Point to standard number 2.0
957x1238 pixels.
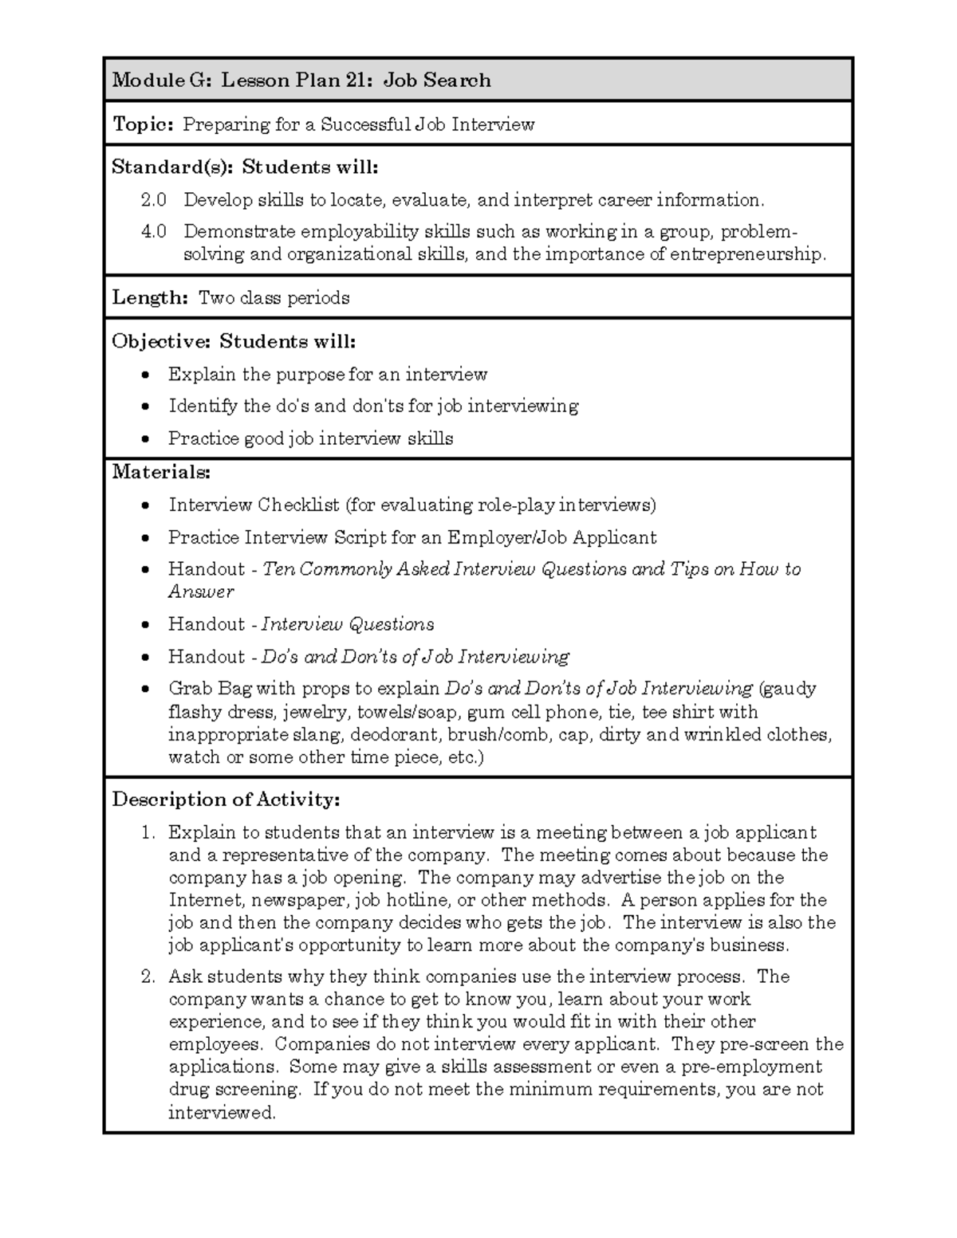pyautogui.click(x=154, y=200)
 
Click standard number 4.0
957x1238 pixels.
pyautogui.click(x=154, y=232)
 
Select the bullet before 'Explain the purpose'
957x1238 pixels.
pyautogui.click(x=144, y=375)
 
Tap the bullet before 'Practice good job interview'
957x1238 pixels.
pyautogui.click(x=144, y=439)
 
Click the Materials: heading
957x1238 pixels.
pyautogui.click(x=161, y=472)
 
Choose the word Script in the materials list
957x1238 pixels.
pyautogui.click(x=360, y=538)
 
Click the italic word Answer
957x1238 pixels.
pyautogui.click(x=201, y=592)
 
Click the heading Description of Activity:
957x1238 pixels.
pyautogui.click(x=226, y=800)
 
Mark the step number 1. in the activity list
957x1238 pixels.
pyautogui.click(x=148, y=833)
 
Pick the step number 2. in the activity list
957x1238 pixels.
pyautogui.click(x=148, y=977)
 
